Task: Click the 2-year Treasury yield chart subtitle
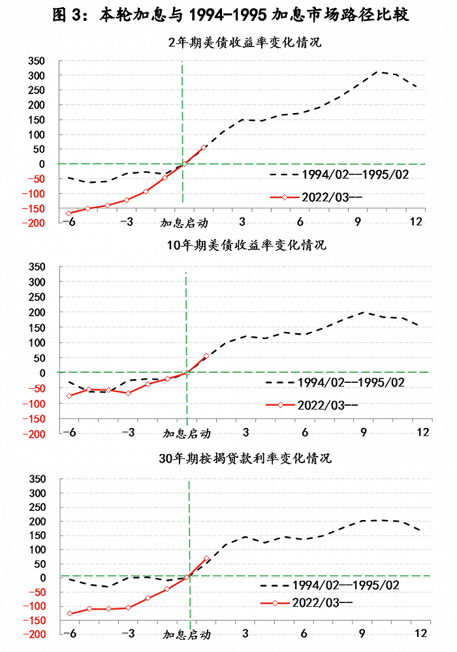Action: (245, 44)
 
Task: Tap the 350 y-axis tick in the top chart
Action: (36, 61)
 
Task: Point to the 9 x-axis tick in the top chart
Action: (358, 221)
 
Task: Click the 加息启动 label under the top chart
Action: (184, 223)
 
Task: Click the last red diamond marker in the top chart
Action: (204, 147)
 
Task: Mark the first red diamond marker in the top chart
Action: (69, 214)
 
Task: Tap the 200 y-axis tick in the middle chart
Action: (36, 312)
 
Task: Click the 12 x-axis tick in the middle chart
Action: (423, 432)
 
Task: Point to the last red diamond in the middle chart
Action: (206, 356)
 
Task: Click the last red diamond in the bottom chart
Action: (207, 559)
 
